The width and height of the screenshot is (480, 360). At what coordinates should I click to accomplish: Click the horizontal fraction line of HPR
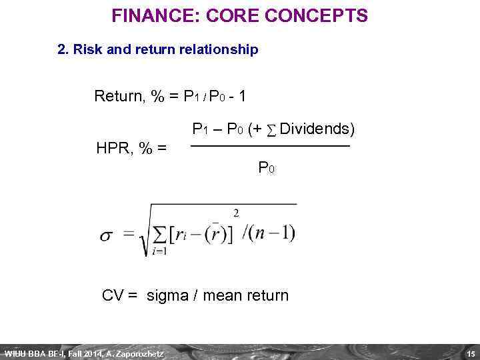click(270, 146)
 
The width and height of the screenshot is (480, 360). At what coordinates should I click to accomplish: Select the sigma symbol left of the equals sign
click(107, 236)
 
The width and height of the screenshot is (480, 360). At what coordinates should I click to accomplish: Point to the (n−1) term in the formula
click(273, 233)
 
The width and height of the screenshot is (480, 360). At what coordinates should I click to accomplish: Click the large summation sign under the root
click(160, 235)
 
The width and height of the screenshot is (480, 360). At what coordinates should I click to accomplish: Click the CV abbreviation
click(113, 295)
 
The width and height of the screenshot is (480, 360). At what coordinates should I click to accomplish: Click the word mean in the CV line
click(222, 295)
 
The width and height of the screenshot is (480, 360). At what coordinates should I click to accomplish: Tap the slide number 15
click(470, 353)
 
